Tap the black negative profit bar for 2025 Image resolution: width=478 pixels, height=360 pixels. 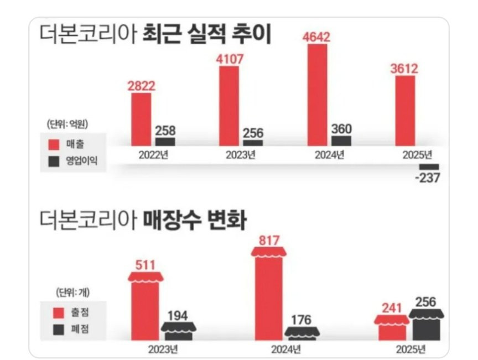coord(429,166)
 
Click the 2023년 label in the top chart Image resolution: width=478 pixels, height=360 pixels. coord(240,154)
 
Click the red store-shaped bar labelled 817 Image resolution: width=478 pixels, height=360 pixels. coord(269,296)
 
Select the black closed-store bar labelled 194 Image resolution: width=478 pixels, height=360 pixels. coord(178,331)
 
